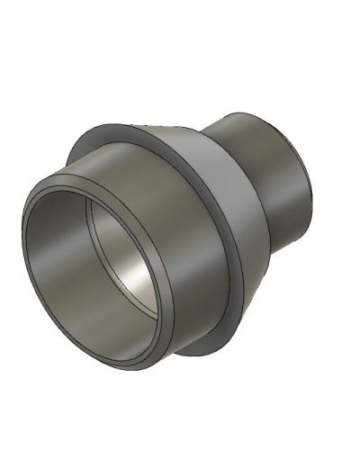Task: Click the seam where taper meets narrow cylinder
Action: (x=216, y=135)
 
